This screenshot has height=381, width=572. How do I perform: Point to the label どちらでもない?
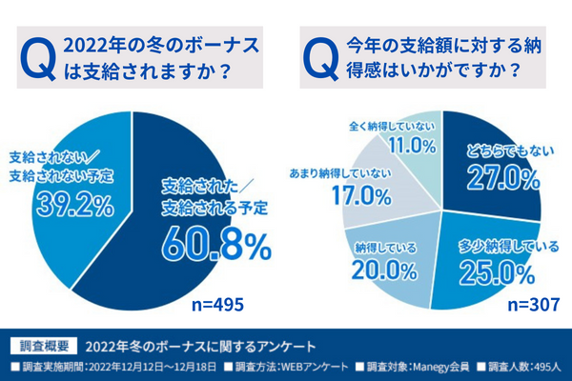491,150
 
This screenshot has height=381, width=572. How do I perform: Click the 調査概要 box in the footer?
40,344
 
